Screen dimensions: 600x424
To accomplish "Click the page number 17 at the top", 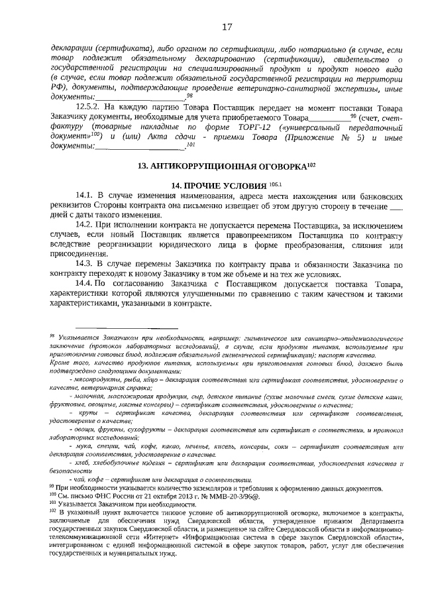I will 227,27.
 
